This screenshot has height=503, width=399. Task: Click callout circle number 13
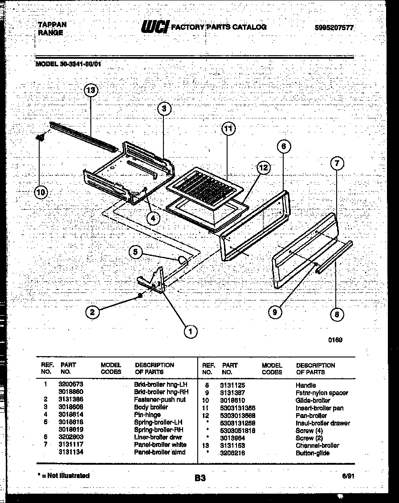[91, 90]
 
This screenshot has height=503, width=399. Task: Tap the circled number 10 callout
[41, 192]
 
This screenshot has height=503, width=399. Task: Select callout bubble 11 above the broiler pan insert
[228, 129]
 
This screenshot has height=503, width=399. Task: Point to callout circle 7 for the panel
[337, 163]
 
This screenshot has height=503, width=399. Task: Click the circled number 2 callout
[92, 312]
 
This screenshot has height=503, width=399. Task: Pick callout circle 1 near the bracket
[190, 331]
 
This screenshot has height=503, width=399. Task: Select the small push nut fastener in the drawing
[140, 296]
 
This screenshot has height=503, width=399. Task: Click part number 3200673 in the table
[71, 384]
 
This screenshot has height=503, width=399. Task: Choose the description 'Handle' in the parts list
[305, 385]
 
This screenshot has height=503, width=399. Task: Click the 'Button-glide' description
[312, 453]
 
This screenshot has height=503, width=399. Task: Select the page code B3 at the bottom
[200, 478]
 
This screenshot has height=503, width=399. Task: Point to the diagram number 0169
[335, 340]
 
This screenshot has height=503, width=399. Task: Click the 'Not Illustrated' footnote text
[64, 476]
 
